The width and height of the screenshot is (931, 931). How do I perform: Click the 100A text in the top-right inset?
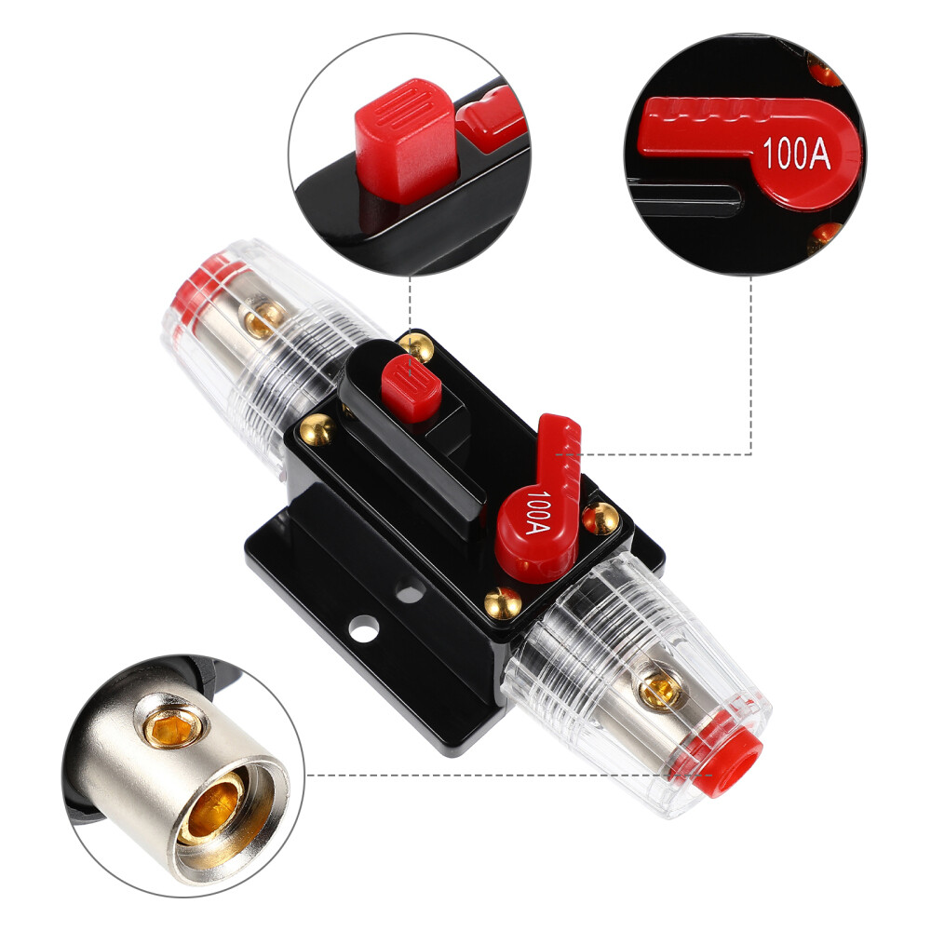(x=796, y=155)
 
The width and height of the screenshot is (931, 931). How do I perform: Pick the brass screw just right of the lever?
(x=599, y=519)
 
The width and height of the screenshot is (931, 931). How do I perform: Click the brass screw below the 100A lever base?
(x=503, y=604)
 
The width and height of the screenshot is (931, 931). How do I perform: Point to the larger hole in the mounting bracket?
(x=365, y=628)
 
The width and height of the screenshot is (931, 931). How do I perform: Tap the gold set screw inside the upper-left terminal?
(x=263, y=317)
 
